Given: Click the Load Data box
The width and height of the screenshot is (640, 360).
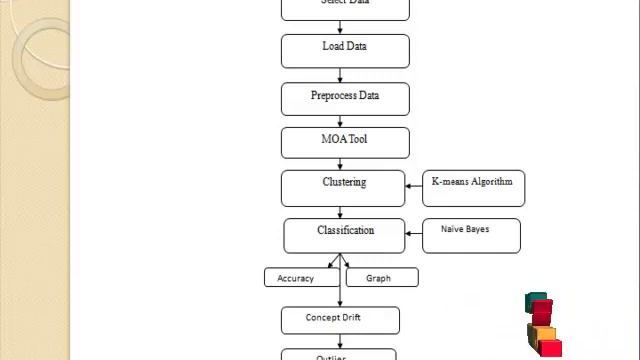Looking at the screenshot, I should (345, 51).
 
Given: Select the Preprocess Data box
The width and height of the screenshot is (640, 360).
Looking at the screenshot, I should (345, 99).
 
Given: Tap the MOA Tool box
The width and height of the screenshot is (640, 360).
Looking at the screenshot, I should (345, 142).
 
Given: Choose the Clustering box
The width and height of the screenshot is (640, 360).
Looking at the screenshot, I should (343, 187).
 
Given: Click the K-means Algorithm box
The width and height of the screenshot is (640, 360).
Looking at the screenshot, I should (473, 187).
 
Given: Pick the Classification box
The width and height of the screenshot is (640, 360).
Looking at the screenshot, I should (344, 235).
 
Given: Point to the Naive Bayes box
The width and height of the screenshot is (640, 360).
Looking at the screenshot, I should (471, 235).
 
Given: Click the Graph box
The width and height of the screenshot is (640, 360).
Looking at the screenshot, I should (382, 277).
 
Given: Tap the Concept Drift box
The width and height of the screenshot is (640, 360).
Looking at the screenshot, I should (340, 320).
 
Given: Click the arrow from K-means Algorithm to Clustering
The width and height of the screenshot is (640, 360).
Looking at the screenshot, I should (414, 187).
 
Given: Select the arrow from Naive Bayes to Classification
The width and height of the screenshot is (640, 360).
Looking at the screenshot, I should (414, 235).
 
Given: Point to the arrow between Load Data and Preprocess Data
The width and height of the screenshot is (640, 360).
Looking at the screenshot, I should (341, 76).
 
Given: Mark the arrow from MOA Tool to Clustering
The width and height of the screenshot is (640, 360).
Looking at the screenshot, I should (341, 164).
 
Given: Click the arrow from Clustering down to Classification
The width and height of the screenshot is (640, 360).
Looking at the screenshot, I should (341, 212).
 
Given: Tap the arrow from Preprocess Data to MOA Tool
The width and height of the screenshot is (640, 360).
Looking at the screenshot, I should (341, 121).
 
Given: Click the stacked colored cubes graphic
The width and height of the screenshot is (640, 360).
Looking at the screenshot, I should (542, 325).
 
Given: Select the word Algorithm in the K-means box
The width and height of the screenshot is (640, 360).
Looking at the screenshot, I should (491, 182).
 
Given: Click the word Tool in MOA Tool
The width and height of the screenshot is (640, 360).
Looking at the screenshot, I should (358, 139).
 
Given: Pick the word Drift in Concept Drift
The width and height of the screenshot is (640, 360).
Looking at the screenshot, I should (350, 318).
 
